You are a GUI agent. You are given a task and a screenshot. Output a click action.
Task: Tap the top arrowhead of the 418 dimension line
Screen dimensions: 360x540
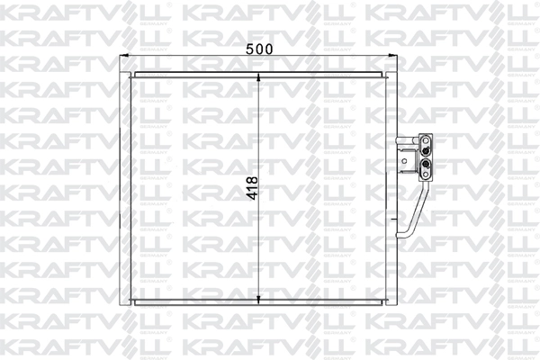[259, 78]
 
